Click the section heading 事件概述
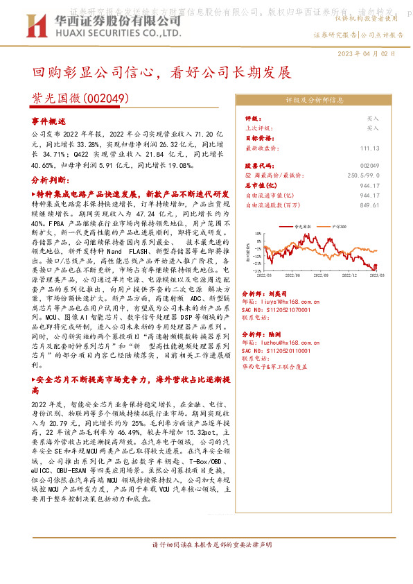48,120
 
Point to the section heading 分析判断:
49,180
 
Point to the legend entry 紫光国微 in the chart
305,226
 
